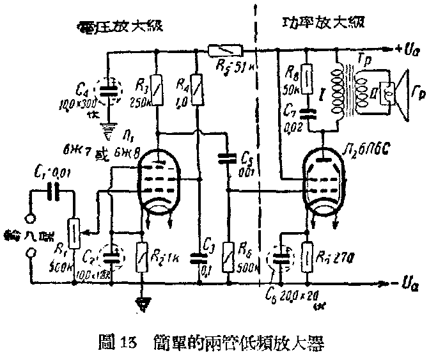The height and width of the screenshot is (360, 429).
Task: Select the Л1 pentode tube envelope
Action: point(160,182)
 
